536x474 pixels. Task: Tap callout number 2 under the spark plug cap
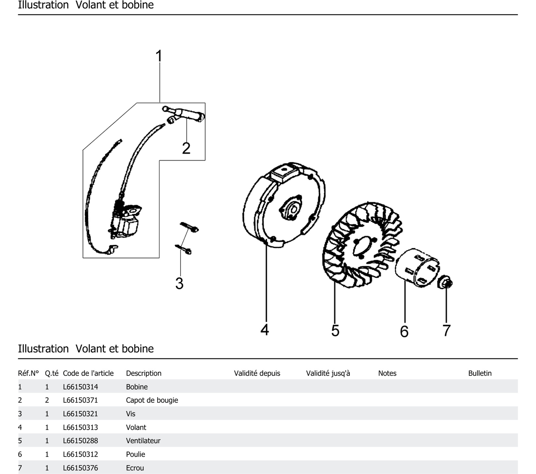point(186,148)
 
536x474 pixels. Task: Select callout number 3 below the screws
point(179,283)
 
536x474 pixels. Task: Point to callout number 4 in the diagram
point(265,330)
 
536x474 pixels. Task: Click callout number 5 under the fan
point(335,330)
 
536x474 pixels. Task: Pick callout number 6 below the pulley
point(404,331)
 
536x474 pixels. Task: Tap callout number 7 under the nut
point(446,330)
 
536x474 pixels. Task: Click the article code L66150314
point(80,387)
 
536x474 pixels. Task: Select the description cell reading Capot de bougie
point(152,400)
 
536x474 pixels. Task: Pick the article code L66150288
point(80,441)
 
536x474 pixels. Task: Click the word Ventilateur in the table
point(143,441)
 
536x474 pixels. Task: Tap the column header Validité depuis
point(257,373)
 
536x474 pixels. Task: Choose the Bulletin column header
point(480,373)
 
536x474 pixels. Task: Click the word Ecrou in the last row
point(135,468)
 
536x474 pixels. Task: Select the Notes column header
point(387,373)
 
